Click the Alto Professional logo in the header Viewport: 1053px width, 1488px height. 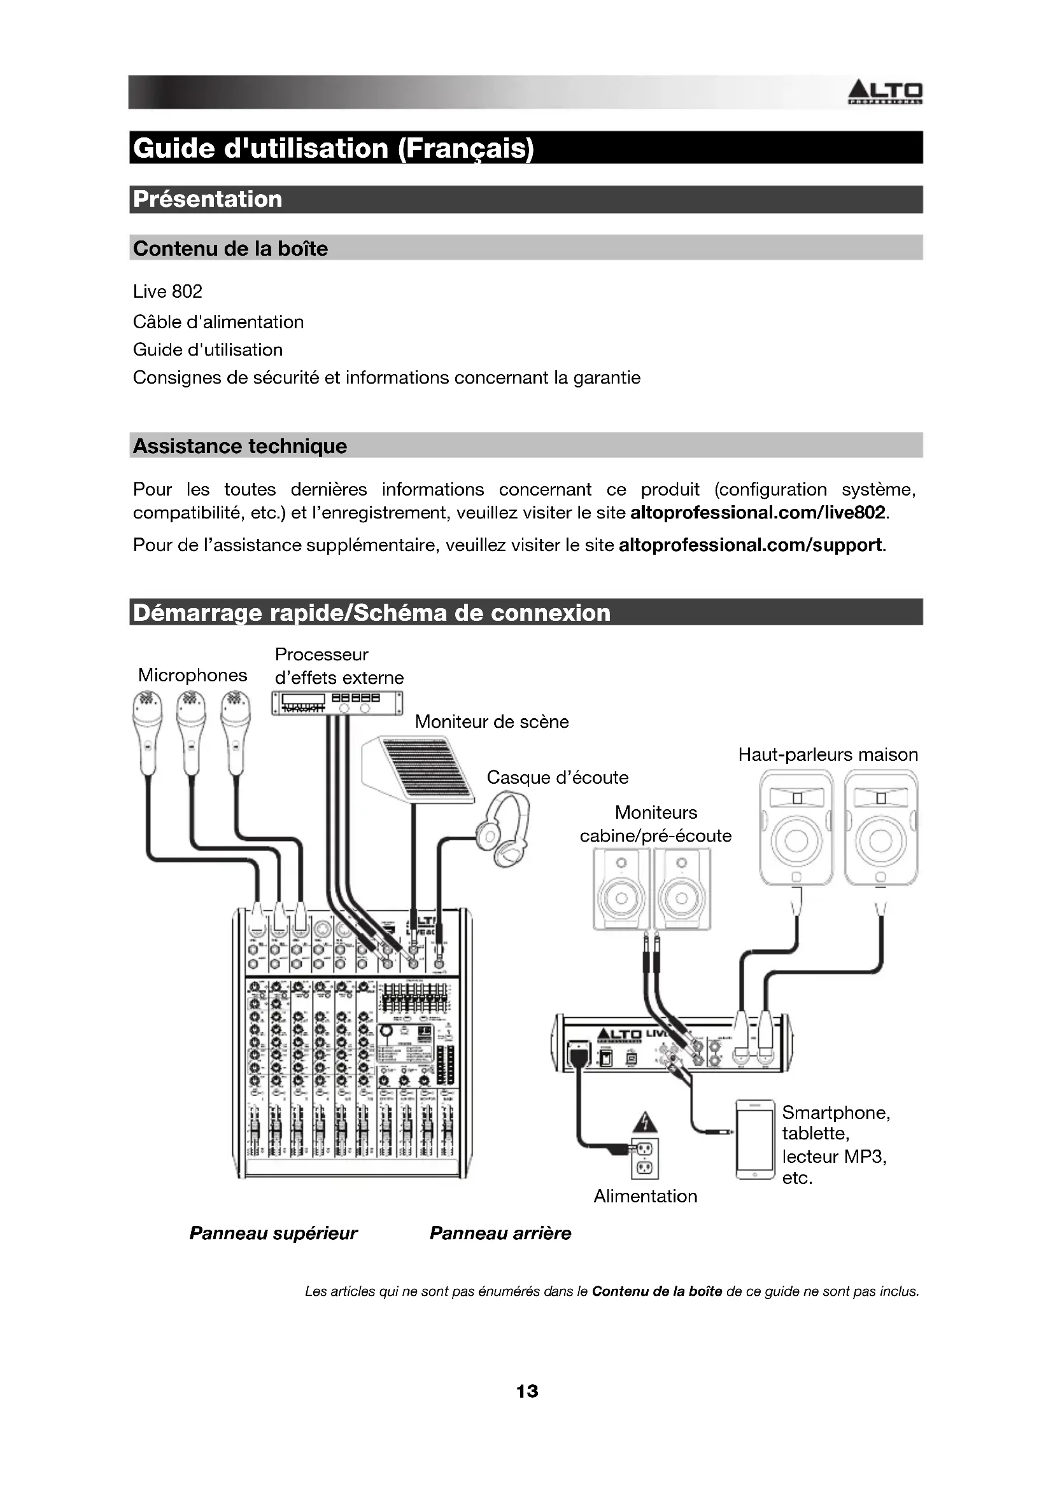pyautogui.click(x=885, y=93)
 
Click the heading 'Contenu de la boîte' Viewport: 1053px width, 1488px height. pyautogui.click(x=230, y=248)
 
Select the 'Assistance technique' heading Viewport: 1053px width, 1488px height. pyautogui.click(x=239, y=446)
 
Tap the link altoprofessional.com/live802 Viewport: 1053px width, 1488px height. pyautogui.click(x=758, y=513)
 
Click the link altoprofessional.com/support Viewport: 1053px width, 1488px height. pyautogui.click(x=750, y=545)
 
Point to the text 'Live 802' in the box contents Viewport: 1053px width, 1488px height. pyautogui.click(x=167, y=291)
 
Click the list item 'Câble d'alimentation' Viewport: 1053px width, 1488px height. pyautogui.click(x=218, y=322)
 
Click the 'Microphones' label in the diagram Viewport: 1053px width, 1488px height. pyautogui.click(x=192, y=676)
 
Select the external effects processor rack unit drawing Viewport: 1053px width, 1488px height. pyautogui.click(x=337, y=702)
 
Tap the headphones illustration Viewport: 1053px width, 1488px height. pyautogui.click(x=504, y=830)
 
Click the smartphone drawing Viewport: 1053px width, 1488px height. pyautogui.click(x=756, y=1139)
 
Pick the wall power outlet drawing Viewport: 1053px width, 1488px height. pyautogui.click(x=645, y=1158)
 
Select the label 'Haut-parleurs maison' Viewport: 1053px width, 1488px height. pyautogui.click(x=828, y=754)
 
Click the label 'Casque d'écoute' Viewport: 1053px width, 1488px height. pyautogui.click(x=558, y=777)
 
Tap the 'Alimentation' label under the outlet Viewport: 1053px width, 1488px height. pyautogui.click(x=645, y=1197)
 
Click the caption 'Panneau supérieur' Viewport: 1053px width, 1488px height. pyautogui.click(x=273, y=1234)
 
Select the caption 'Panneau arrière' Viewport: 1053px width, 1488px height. pyautogui.click(x=500, y=1234)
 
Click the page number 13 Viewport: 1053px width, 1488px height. pyautogui.click(x=527, y=1391)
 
